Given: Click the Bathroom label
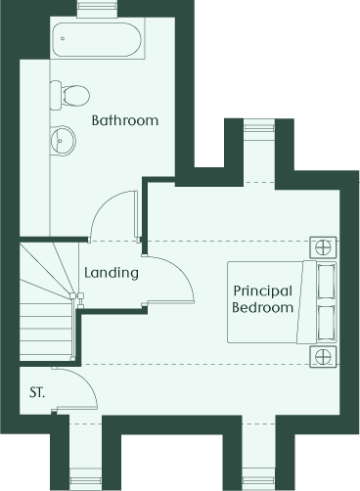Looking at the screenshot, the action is (x=125, y=120).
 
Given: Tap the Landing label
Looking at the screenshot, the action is (x=112, y=273).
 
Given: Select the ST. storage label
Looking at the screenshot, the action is (x=37, y=392).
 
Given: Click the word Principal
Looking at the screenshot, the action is (x=262, y=291).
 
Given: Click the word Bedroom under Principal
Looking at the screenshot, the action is (x=262, y=307).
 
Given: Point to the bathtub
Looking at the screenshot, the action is (x=97, y=40).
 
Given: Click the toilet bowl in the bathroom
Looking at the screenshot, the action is (x=76, y=95).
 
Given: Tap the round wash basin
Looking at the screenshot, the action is (x=64, y=141).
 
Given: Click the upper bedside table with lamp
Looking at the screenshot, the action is (x=323, y=247).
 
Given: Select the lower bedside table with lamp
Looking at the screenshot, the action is (x=323, y=357).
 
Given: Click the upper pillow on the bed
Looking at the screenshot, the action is (x=326, y=281).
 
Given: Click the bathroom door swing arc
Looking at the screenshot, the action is (x=102, y=206).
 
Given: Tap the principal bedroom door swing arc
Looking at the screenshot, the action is (x=182, y=271).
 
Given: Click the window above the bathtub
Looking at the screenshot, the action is (x=97, y=6).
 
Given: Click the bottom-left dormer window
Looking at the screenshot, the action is (x=85, y=480).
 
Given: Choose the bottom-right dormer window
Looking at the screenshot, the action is (x=259, y=480).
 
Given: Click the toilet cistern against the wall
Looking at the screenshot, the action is (x=56, y=95).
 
